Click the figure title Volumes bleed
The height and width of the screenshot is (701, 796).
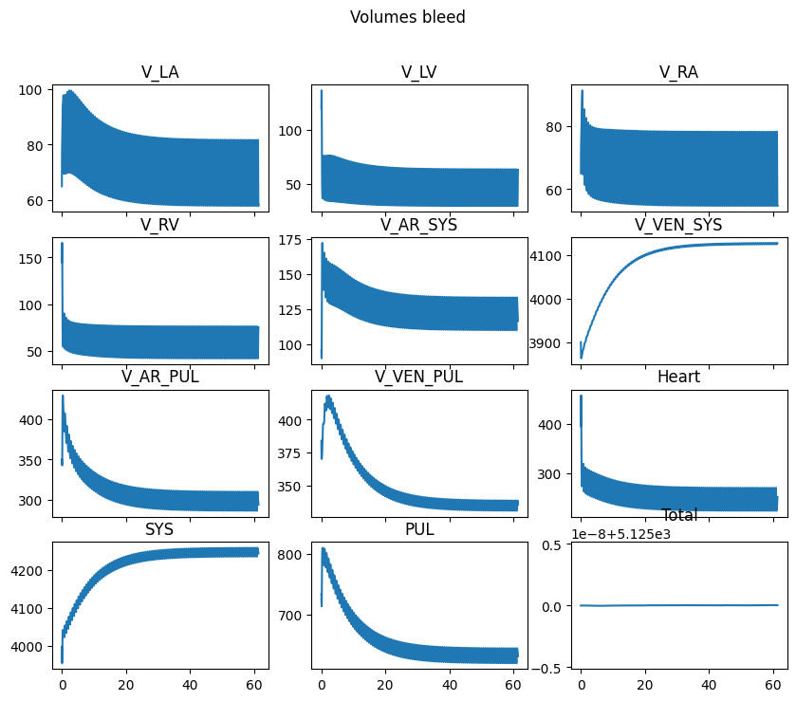coord(407,17)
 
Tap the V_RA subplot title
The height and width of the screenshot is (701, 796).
coord(678,72)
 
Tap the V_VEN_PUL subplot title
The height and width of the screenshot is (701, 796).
coord(418,377)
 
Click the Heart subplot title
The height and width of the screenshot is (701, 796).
coord(678,377)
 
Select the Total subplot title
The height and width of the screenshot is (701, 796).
coord(678,515)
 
